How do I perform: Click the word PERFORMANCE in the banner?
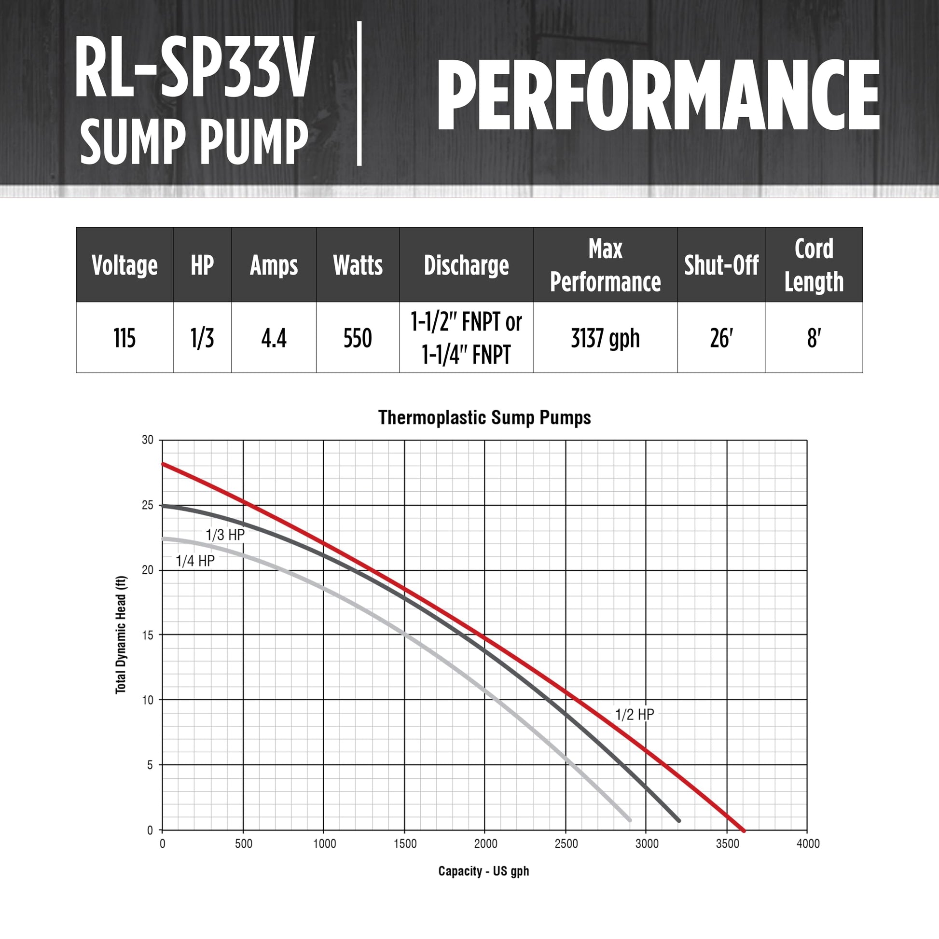pos(659,95)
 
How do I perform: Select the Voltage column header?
pos(124,265)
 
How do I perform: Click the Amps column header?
pos(274,265)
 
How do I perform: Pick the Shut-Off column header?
pos(721,265)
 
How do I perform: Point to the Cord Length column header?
pos(814,265)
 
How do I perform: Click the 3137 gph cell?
pos(605,338)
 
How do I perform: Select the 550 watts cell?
pos(358,338)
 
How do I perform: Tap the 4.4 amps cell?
pos(274,338)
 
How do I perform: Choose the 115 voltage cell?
pos(124,338)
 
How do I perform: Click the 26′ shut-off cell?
pos(721,338)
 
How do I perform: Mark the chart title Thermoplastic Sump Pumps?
pos(484,418)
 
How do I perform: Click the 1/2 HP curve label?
pos(635,715)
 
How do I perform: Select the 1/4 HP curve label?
pos(195,561)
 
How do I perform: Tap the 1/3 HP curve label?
pos(225,535)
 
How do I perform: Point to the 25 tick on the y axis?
pos(147,506)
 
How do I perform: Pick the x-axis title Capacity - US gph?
pos(483,871)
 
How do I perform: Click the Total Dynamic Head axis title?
pos(121,635)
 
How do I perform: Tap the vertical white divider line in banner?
pos(359,93)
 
